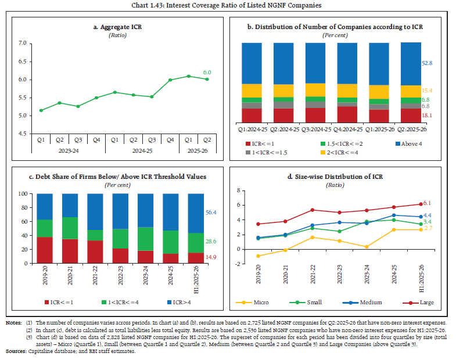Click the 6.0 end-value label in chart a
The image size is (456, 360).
(207, 73)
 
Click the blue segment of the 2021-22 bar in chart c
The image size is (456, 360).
(95, 212)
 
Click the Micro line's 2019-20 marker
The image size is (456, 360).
(258, 256)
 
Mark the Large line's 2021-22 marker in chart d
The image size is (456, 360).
(313, 210)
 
